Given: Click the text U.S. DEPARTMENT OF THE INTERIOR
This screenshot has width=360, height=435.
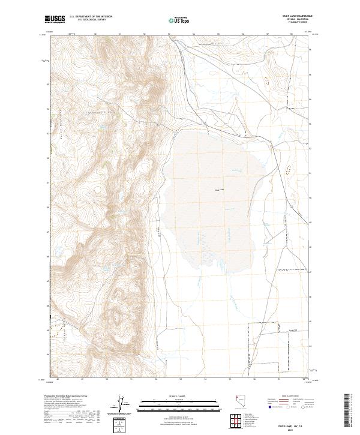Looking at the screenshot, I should [91, 16].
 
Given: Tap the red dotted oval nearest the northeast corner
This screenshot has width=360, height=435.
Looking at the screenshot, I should [266, 79].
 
